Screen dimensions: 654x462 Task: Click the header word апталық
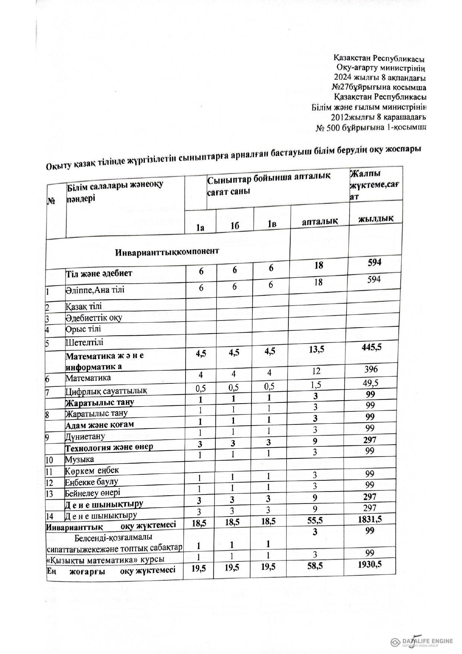[320, 221]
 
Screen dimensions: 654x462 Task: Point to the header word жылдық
[375, 218]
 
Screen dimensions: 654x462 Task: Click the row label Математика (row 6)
[88, 378]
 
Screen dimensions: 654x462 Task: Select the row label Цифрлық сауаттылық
[106, 391]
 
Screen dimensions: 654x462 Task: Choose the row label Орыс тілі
[83, 329]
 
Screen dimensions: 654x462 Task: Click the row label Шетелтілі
[85, 342]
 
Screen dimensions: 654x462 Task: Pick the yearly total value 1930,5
[370, 565]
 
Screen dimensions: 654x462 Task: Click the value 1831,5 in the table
[369, 519]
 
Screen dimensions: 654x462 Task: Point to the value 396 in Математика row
[371, 369]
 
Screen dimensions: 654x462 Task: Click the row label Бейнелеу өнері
[92, 493]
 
